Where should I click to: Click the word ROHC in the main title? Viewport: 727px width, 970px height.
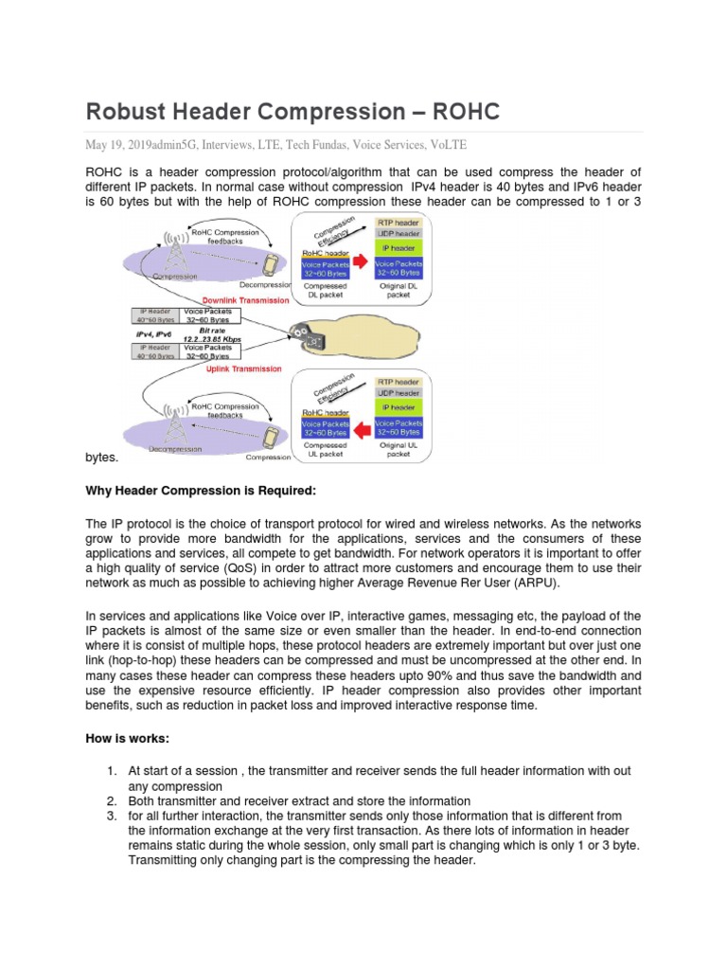[x=465, y=112]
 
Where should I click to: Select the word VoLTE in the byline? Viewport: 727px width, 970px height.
[x=447, y=145]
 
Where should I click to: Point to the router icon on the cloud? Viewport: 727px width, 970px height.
[x=302, y=333]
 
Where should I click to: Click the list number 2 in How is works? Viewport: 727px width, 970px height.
[x=111, y=800]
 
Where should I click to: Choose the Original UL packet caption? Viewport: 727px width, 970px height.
[x=399, y=449]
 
